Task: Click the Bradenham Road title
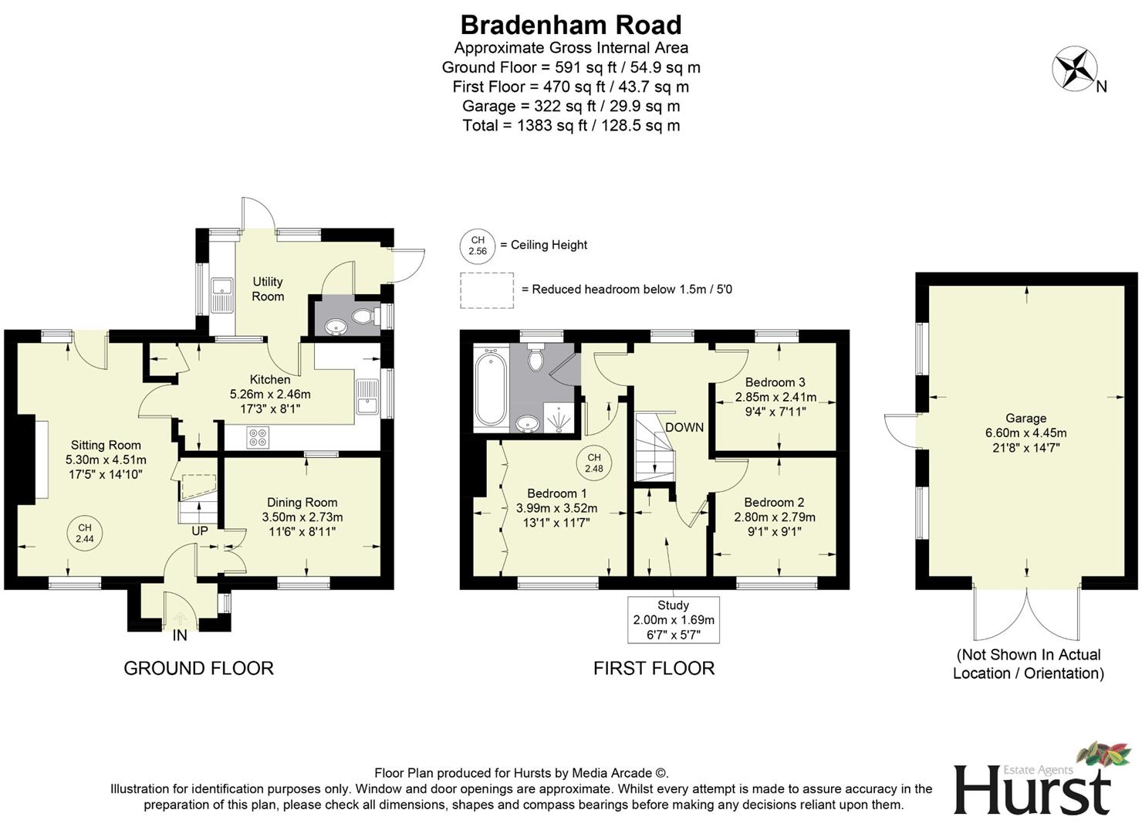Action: click(x=571, y=25)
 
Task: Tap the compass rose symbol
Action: click(x=1075, y=68)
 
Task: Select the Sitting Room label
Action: click(x=106, y=445)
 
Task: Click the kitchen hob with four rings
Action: click(x=258, y=437)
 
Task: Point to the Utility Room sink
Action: click(x=222, y=293)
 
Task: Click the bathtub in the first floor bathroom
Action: click(x=491, y=388)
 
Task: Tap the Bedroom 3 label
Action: click(x=775, y=382)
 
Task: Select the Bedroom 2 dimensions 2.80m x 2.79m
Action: click(x=775, y=517)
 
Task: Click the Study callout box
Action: click(x=674, y=619)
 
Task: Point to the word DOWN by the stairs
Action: click(x=684, y=427)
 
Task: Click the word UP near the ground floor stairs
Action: click(x=200, y=531)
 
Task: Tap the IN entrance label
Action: click(x=180, y=636)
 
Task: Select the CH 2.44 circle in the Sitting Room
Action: click(x=84, y=533)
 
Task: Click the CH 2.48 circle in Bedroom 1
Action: click(x=593, y=463)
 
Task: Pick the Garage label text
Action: click(x=1025, y=418)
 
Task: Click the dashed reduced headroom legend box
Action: click(x=487, y=290)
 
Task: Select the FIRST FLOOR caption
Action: click(x=654, y=668)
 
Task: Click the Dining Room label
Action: click(x=302, y=503)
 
